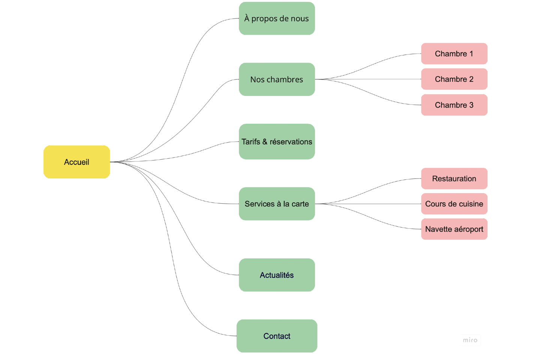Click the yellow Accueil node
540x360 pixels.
tap(76, 162)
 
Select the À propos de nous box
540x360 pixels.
tap(277, 18)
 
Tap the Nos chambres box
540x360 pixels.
tap(277, 79)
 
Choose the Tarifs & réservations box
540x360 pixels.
tap(277, 142)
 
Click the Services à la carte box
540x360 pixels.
tap(277, 204)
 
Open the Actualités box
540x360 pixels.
tap(277, 275)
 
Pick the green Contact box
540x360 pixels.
tap(277, 336)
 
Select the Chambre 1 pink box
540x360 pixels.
tap(454, 54)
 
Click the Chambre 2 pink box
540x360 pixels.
tap(454, 79)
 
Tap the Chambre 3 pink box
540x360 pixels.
tap(454, 105)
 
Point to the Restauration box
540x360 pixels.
tap(454, 178)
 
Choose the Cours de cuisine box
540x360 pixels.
tap(454, 204)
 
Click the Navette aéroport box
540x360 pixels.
tap(454, 229)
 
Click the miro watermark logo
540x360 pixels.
tap(470, 340)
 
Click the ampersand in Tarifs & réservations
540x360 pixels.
tap(265, 142)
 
